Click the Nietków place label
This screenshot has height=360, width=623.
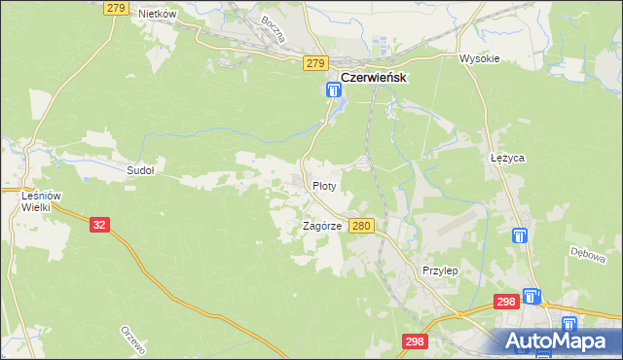click(157, 15)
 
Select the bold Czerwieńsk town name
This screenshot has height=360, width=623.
click(372, 77)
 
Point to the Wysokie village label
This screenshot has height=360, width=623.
click(479, 58)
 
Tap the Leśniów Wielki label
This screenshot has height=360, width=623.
click(42, 201)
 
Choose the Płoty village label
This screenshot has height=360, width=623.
click(324, 185)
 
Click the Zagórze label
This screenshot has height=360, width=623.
click(321, 226)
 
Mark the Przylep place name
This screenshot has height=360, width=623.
click(440, 270)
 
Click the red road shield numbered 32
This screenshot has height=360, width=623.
click(99, 224)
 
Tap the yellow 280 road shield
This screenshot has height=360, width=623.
click(361, 226)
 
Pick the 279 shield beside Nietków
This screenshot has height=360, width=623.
click(116, 8)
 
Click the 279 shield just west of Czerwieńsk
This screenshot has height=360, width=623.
click(313, 63)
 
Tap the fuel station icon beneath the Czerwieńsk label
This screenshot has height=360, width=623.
click(334, 91)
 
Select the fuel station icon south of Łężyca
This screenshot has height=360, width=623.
click(520, 235)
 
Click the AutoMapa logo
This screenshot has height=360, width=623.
click(560, 341)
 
